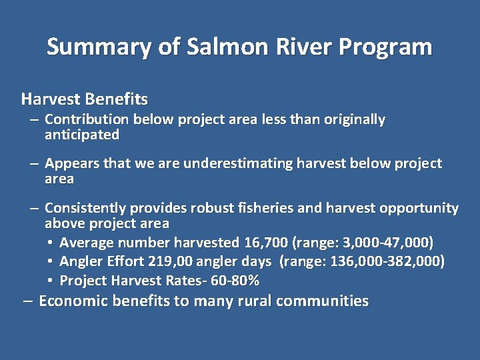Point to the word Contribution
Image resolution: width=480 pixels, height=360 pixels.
point(87,119)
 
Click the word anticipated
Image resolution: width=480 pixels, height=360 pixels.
point(82,135)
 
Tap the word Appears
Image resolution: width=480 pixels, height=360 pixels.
point(69,163)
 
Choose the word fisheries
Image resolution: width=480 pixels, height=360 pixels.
point(265,208)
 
